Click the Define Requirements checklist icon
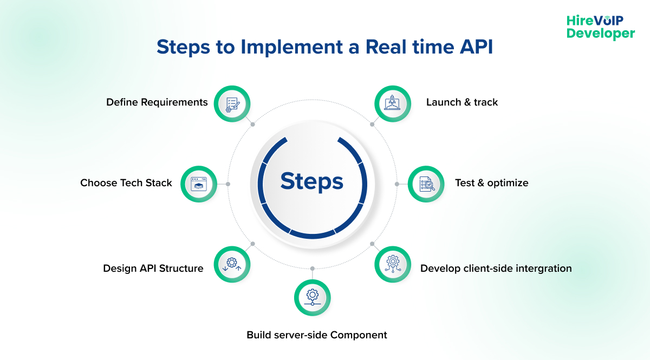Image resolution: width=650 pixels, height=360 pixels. [x=232, y=102]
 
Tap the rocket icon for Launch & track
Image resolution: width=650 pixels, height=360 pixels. [x=392, y=102]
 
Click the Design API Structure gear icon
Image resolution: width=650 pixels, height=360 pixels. [x=232, y=264]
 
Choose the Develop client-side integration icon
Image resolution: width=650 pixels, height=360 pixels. [x=392, y=264]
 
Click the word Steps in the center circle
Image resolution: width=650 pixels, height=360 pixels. [x=312, y=181]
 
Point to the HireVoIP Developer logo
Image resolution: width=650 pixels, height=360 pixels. [x=600, y=27]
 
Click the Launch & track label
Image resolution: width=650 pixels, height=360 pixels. [x=461, y=102]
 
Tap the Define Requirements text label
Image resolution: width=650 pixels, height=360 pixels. [x=157, y=102]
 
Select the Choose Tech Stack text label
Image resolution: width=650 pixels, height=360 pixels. [x=126, y=183]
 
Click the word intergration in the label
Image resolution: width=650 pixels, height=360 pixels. [x=540, y=269]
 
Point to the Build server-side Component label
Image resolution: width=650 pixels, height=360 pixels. [x=316, y=335]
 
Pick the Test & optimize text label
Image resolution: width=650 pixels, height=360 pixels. [x=491, y=183]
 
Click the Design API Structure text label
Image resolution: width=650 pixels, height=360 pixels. [x=153, y=269]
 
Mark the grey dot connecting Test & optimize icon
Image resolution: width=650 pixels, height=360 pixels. [x=397, y=184]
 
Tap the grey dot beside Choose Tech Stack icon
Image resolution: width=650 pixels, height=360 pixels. [x=228, y=184]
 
